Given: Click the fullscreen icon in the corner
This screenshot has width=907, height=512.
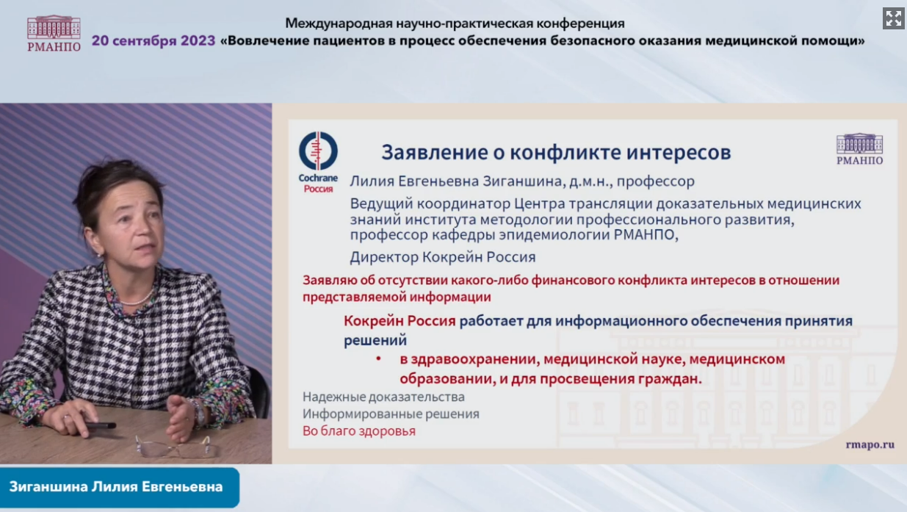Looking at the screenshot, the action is (893, 18).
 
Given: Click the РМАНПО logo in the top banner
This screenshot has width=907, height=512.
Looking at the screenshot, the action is (54, 34).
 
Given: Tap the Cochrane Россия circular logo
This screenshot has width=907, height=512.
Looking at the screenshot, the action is (318, 151).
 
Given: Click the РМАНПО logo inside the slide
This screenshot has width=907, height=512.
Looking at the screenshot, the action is (859, 149).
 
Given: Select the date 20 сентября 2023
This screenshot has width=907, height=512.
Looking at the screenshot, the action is (153, 41).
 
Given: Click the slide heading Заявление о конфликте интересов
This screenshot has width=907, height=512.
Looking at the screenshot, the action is (556, 152).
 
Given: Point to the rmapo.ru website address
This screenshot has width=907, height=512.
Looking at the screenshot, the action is (870, 444).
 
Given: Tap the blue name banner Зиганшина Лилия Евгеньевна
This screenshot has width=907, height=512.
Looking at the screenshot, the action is (120, 487).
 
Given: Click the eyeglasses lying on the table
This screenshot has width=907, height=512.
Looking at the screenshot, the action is (174, 446).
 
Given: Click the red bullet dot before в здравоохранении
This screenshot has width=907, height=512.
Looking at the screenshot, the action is (379, 358).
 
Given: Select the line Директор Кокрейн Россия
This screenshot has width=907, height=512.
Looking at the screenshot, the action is (443, 257).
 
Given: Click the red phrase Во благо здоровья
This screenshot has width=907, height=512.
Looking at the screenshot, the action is (359, 431).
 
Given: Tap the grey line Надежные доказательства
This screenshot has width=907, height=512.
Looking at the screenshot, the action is (383, 397).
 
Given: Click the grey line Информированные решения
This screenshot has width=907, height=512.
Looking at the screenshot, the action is (391, 414).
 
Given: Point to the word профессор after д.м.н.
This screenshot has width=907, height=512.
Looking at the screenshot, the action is (656, 181).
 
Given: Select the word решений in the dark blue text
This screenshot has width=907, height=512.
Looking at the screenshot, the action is (375, 340).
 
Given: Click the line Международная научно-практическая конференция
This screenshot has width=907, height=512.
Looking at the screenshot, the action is (455, 24).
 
